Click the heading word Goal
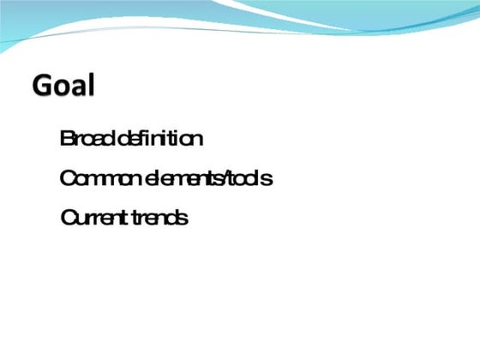click(x=63, y=86)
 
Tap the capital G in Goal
click(x=43, y=86)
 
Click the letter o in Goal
click(x=63, y=88)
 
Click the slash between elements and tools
click(x=231, y=179)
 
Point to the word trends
click(x=160, y=218)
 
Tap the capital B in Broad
click(x=66, y=138)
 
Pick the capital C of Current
click(x=68, y=218)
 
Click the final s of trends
click(x=183, y=219)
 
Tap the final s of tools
click(x=268, y=181)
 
